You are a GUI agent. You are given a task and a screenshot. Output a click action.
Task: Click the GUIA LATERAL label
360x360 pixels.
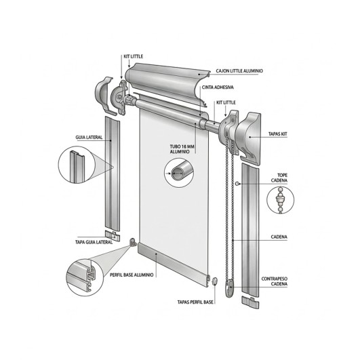(x=89, y=137)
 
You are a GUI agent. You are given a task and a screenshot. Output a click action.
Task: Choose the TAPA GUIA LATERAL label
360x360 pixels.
(x=94, y=241)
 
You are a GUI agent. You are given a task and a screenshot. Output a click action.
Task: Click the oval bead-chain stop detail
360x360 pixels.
(x=280, y=201)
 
